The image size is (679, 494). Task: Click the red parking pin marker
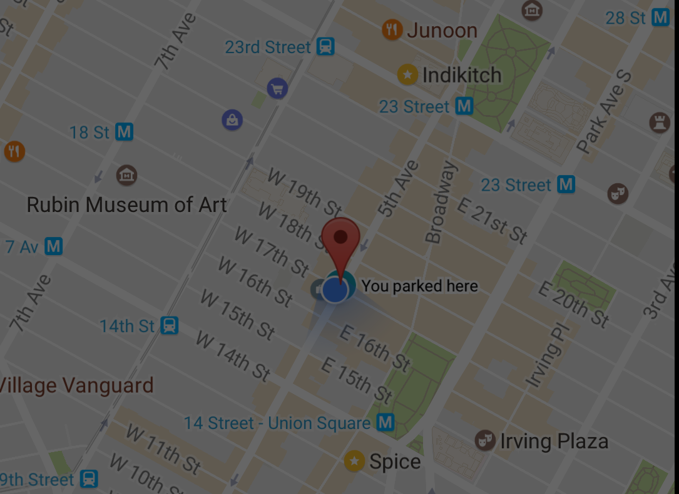tap(340, 241)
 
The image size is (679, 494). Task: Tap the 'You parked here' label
tap(419, 286)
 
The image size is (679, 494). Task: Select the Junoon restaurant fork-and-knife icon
tap(392, 29)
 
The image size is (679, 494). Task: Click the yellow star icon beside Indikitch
tap(408, 75)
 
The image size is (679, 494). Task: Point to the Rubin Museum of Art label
tap(127, 204)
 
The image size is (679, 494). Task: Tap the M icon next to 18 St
tap(125, 132)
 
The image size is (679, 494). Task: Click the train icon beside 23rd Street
tap(325, 46)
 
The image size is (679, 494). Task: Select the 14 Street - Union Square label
tap(277, 423)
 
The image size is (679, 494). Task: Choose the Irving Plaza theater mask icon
tap(484, 440)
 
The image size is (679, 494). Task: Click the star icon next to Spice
tap(355, 461)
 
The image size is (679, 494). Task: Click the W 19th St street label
tap(305, 190)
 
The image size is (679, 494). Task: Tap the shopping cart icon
tap(277, 89)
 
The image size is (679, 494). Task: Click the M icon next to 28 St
tap(660, 18)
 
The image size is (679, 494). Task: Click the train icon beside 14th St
tap(169, 326)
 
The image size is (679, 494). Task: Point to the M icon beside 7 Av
tap(54, 246)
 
